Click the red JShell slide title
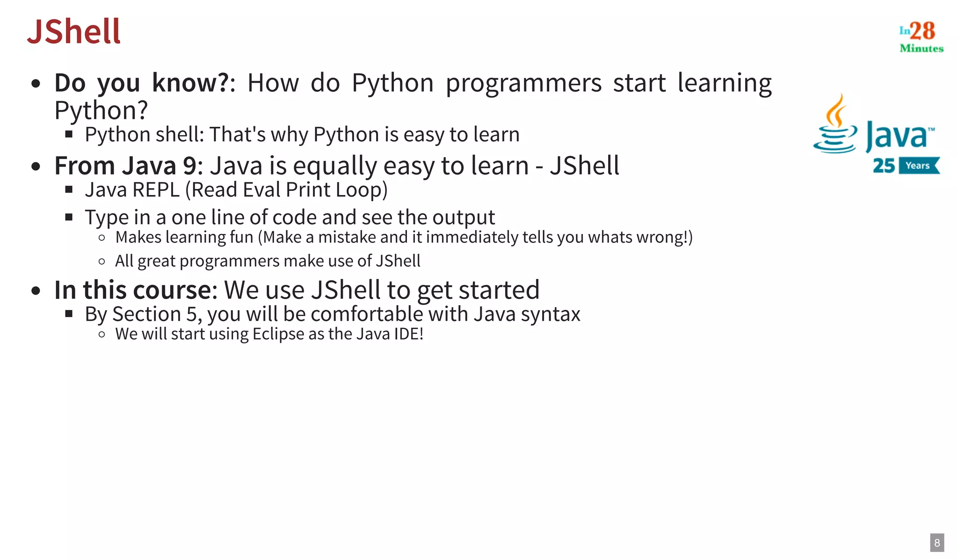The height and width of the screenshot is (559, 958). (x=74, y=32)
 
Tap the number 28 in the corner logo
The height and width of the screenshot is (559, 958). (x=922, y=31)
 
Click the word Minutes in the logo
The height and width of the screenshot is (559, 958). (x=921, y=48)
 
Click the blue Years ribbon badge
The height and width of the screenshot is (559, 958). (x=918, y=166)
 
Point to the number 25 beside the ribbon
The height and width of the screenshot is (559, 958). (x=883, y=166)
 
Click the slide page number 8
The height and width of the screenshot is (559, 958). (x=936, y=543)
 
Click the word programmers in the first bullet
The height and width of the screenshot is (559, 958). (x=523, y=83)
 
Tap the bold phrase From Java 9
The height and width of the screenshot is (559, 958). (x=125, y=166)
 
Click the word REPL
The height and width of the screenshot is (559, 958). (x=156, y=190)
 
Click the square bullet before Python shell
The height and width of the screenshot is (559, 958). (x=69, y=135)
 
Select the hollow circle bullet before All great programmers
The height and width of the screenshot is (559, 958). (x=102, y=261)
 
